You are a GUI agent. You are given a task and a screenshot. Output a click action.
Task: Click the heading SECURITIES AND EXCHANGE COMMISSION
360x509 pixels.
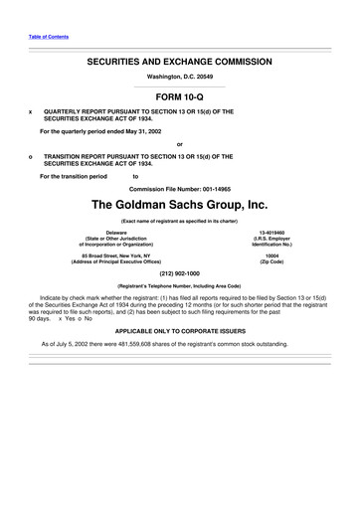(179, 61)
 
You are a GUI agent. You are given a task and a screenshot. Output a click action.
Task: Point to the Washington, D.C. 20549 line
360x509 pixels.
(179, 77)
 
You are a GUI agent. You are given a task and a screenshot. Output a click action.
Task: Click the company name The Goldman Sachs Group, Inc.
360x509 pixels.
(179, 206)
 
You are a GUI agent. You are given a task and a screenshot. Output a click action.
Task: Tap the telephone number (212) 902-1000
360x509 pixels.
(179, 274)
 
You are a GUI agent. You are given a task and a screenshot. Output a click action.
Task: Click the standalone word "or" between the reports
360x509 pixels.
(179, 144)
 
